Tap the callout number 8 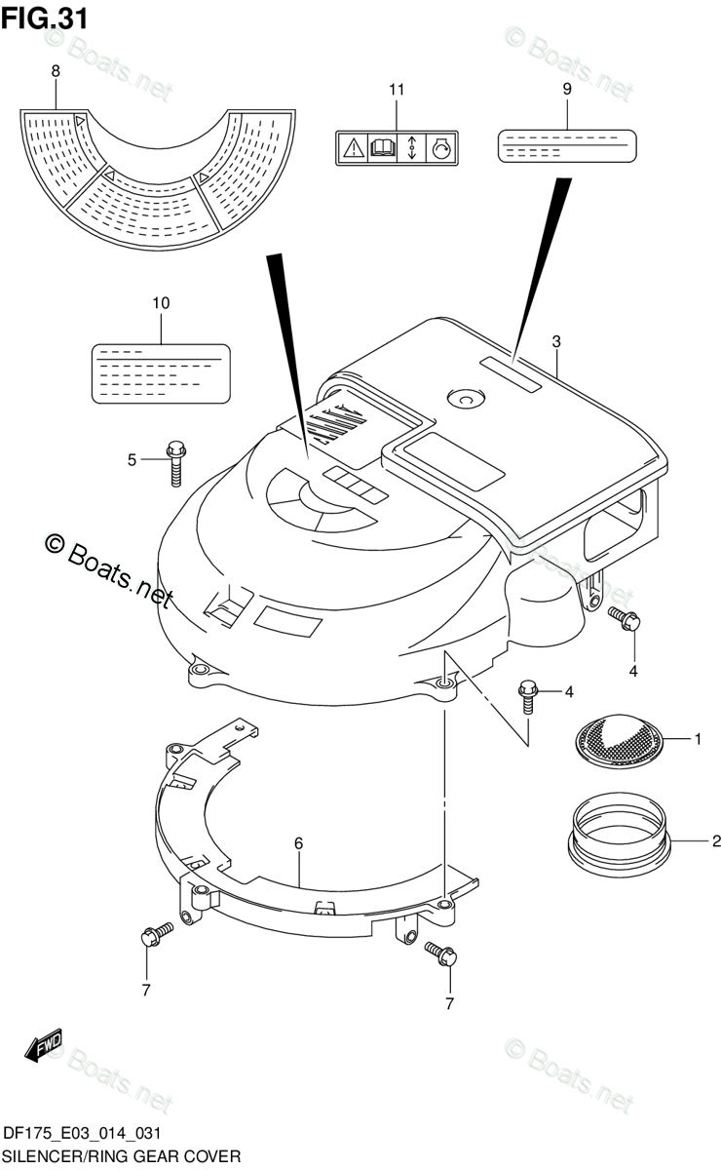click(56, 70)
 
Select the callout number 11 click(396, 91)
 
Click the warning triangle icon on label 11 click(352, 148)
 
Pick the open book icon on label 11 click(383, 148)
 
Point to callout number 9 click(567, 88)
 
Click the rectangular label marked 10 click(161, 373)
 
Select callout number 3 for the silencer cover click(556, 341)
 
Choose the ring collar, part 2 click(621, 834)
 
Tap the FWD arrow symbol click(45, 1048)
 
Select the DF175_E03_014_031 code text click(82, 1133)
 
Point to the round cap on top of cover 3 click(407, 399)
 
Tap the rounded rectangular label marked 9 click(567, 147)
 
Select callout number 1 click(698, 740)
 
